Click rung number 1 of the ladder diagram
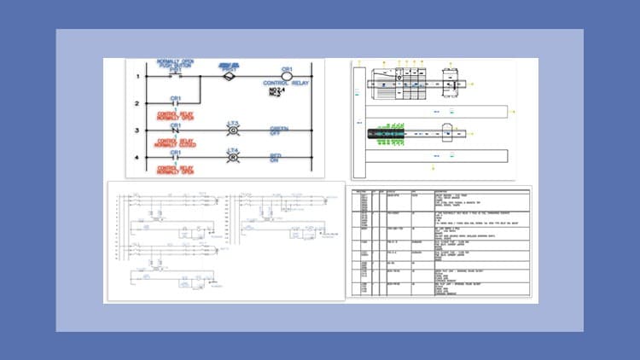(x=137, y=77)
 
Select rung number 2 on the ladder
(x=137, y=104)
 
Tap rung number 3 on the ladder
(x=137, y=131)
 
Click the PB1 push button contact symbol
(x=176, y=74)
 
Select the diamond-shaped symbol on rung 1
(x=228, y=76)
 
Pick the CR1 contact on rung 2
(x=176, y=104)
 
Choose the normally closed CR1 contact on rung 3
(x=176, y=131)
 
